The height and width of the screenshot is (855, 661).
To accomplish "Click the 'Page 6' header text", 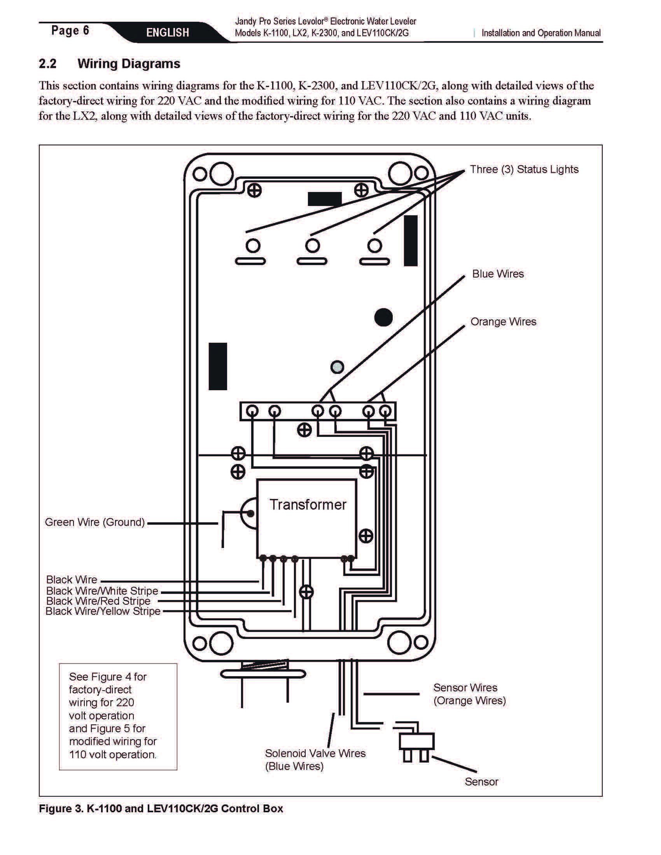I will (x=70, y=31).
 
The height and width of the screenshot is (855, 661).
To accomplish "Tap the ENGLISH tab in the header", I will (x=168, y=33).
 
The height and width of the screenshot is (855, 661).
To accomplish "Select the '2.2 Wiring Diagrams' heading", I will (x=109, y=63).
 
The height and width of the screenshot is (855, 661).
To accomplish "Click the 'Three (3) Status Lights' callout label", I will (x=524, y=169).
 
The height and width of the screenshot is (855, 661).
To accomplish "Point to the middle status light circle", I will (x=312, y=246).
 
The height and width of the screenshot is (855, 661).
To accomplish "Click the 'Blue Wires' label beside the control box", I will (x=498, y=274).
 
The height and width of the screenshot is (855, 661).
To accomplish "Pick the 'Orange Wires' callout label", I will (x=503, y=321).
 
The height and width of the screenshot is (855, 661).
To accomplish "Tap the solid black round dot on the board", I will (x=383, y=317).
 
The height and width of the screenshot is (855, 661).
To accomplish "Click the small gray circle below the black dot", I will (x=337, y=367).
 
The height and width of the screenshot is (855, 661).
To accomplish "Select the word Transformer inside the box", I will (x=308, y=504).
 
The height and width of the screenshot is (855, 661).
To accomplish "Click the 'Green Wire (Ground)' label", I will (x=95, y=522).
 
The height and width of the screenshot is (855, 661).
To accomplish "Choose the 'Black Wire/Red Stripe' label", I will (x=98, y=601).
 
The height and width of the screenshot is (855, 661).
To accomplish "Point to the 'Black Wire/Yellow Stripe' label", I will (x=103, y=611).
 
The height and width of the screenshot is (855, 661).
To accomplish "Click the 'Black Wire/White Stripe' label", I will (x=102, y=591).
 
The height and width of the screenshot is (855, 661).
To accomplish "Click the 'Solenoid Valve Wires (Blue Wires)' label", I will (x=315, y=759).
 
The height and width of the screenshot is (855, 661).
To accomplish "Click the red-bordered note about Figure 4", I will (x=118, y=716).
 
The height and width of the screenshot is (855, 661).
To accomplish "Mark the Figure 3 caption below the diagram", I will (x=161, y=808).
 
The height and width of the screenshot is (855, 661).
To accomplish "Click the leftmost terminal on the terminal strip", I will (x=253, y=411).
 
